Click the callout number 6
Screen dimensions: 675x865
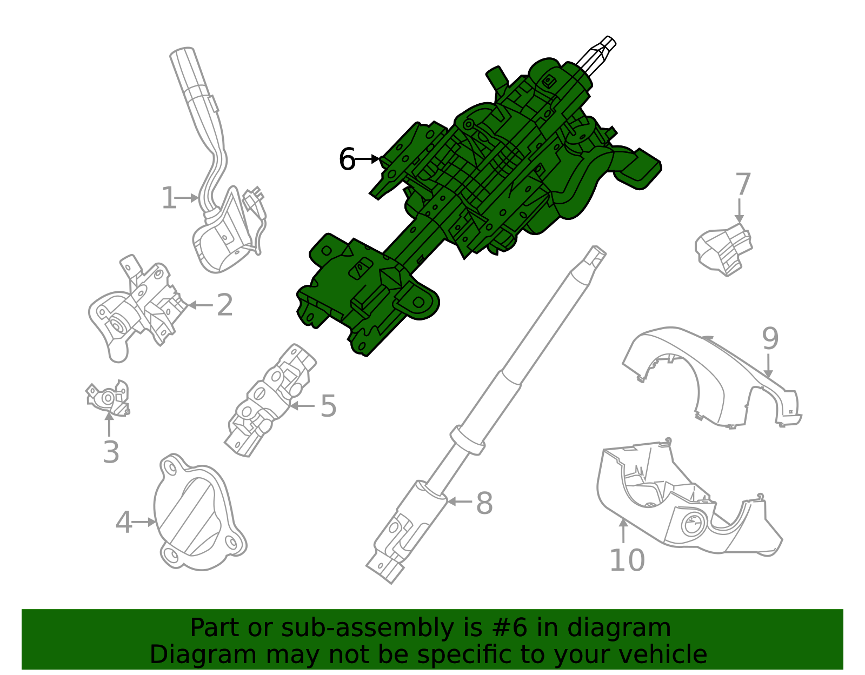point(347,159)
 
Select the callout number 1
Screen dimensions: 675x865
point(169,198)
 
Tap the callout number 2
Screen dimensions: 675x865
point(224,305)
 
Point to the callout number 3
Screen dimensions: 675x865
point(111,452)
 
